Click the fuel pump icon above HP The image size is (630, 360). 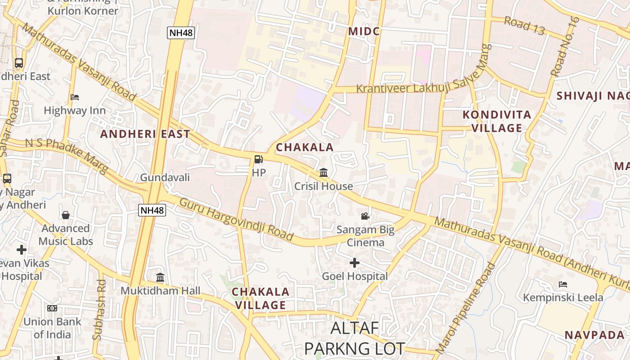tap(258, 159)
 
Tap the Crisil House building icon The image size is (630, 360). tap(324, 172)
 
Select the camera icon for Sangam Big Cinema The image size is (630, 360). tap(365, 216)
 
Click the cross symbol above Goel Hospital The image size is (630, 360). tap(355, 262)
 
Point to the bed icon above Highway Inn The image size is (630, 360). tap(75, 97)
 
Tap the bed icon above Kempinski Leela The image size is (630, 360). tap(562, 284)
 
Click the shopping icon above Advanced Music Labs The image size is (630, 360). tap(66, 215)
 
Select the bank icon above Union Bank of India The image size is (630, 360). tap(52, 308)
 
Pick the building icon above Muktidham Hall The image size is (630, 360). tap(160, 277)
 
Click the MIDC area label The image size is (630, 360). tap(364, 31)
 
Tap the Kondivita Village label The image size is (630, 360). tap(497, 121)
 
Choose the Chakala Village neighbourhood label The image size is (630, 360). tap(261, 298)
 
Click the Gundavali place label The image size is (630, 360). tap(165, 177)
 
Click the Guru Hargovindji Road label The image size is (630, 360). tap(236, 219)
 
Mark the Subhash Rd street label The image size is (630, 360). tap(99, 310)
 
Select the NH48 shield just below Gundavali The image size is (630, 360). tap(152, 210)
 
